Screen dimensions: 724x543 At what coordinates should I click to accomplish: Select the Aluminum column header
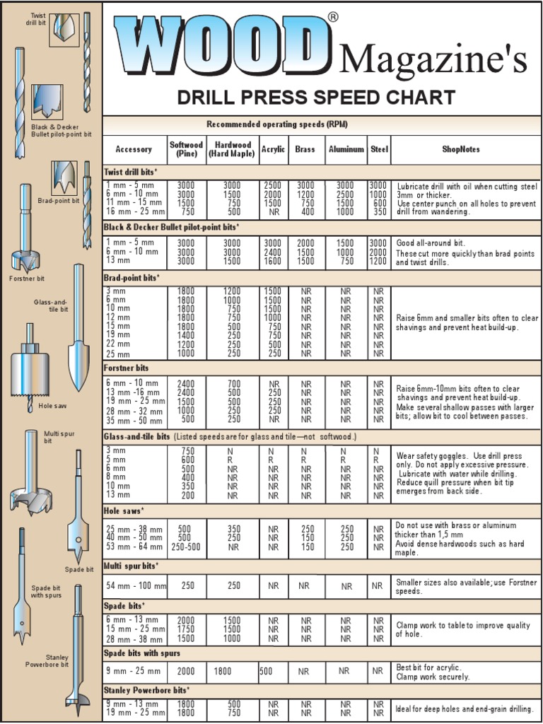[346, 149]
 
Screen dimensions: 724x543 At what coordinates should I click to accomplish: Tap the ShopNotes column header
[461, 149]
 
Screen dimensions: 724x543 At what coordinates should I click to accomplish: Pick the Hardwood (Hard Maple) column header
[232, 149]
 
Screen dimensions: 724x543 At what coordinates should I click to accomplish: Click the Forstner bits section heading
[127, 368]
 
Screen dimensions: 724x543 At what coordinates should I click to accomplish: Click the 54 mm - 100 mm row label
[136, 586]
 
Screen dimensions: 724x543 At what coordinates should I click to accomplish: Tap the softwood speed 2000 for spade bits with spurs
[186, 671]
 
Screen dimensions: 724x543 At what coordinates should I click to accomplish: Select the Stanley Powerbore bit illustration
[78, 650]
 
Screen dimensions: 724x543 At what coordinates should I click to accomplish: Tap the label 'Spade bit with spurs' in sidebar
[47, 592]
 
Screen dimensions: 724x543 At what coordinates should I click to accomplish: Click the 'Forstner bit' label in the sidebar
[27, 278]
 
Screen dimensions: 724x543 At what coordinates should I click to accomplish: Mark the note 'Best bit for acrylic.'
[428, 667]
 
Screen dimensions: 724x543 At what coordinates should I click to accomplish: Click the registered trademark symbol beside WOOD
[333, 17]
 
